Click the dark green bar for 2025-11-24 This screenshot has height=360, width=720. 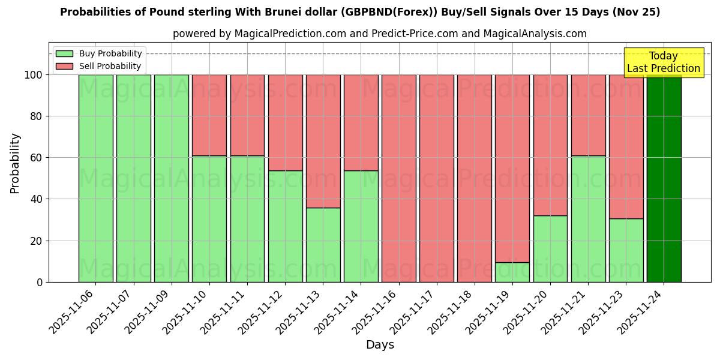(664, 178)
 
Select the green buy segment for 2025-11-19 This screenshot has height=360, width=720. (512, 272)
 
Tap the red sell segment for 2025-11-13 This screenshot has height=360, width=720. (323, 141)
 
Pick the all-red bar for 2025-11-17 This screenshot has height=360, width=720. (437, 178)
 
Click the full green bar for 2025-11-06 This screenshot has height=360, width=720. (95, 178)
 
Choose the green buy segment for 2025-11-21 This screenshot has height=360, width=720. (588, 219)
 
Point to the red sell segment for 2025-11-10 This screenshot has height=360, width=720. (209, 115)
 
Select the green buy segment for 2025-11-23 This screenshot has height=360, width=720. (626, 250)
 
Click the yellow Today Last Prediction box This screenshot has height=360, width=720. (663, 62)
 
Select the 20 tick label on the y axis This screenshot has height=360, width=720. (37, 241)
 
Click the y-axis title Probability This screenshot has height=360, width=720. (16, 163)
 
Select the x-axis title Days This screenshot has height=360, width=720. (380, 345)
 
